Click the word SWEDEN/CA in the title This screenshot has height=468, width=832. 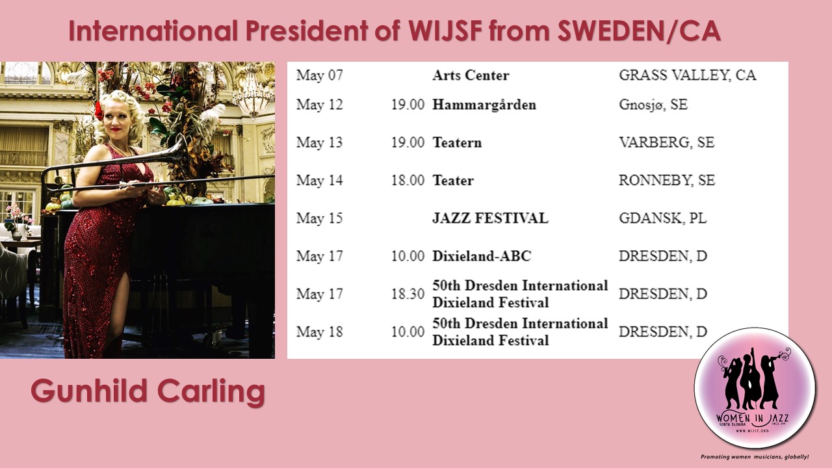click(x=639, y=31)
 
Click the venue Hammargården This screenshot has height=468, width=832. click(x=484, y=105)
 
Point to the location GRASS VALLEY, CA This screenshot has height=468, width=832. click(x=688, y=75)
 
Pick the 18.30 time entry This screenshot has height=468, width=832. click(x=408, y=294)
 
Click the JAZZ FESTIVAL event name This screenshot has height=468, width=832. click(x=490, y=218)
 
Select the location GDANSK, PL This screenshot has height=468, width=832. click(x=662, y=218)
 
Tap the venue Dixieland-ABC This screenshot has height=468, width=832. click(x=482, y=256)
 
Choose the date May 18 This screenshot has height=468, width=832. click(x=319, y=332)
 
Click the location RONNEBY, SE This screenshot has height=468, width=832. click(x=667, y=181)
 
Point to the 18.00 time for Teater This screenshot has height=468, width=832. click(x=408, y=181)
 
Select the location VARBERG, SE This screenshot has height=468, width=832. click(x=666, y=142)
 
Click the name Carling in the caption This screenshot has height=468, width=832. click(x=211, y=392)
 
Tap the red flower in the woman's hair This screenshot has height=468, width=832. click(x=99, y=110)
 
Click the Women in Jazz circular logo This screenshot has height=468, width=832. click(x=755, y=388)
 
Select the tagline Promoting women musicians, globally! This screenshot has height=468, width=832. click(x=755, y=457)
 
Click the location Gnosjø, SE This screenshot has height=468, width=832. click(x=653, y=105)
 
